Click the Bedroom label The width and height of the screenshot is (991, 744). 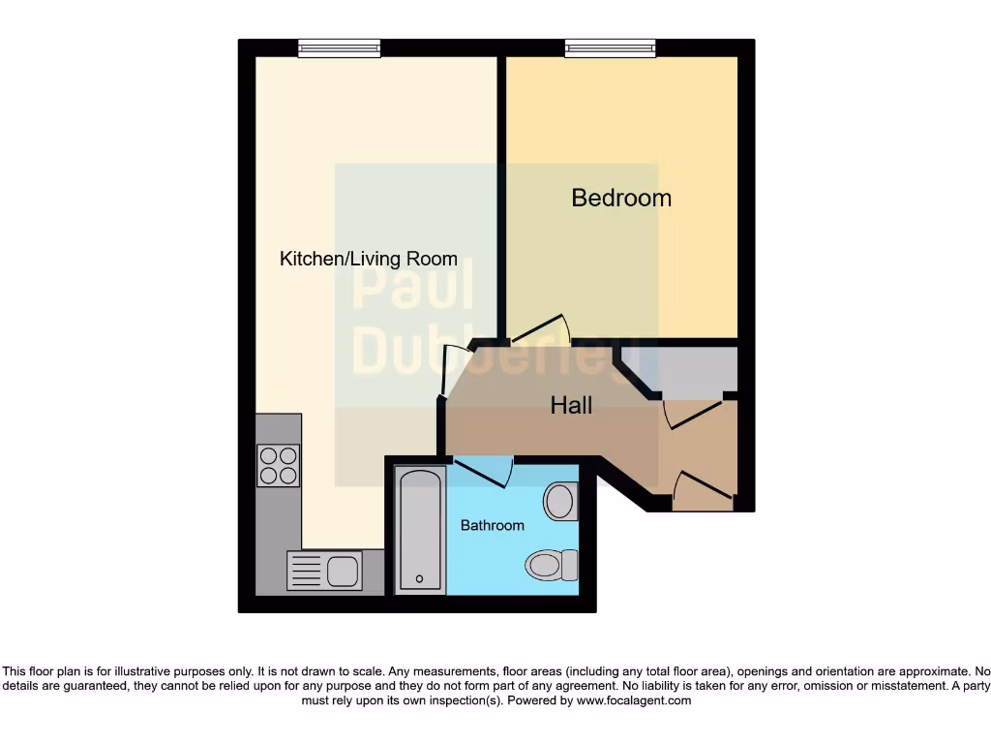[x=620, y=198]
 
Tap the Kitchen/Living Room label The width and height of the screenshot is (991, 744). [x=368, y=259]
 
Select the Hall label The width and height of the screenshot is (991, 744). [x=571, y=405]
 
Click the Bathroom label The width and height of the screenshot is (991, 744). [x=492, y=525]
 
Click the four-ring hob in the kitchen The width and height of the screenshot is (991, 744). [x=278, y=465]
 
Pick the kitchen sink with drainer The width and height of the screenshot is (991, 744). [x=324, y=570]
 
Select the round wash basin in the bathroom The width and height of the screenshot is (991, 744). [x=559, y=502]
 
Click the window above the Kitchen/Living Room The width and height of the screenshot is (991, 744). [x=339, y=47]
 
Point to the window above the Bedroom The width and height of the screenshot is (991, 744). [x=610, y=47]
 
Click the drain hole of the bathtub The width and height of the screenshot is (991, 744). [x=419, y=579]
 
